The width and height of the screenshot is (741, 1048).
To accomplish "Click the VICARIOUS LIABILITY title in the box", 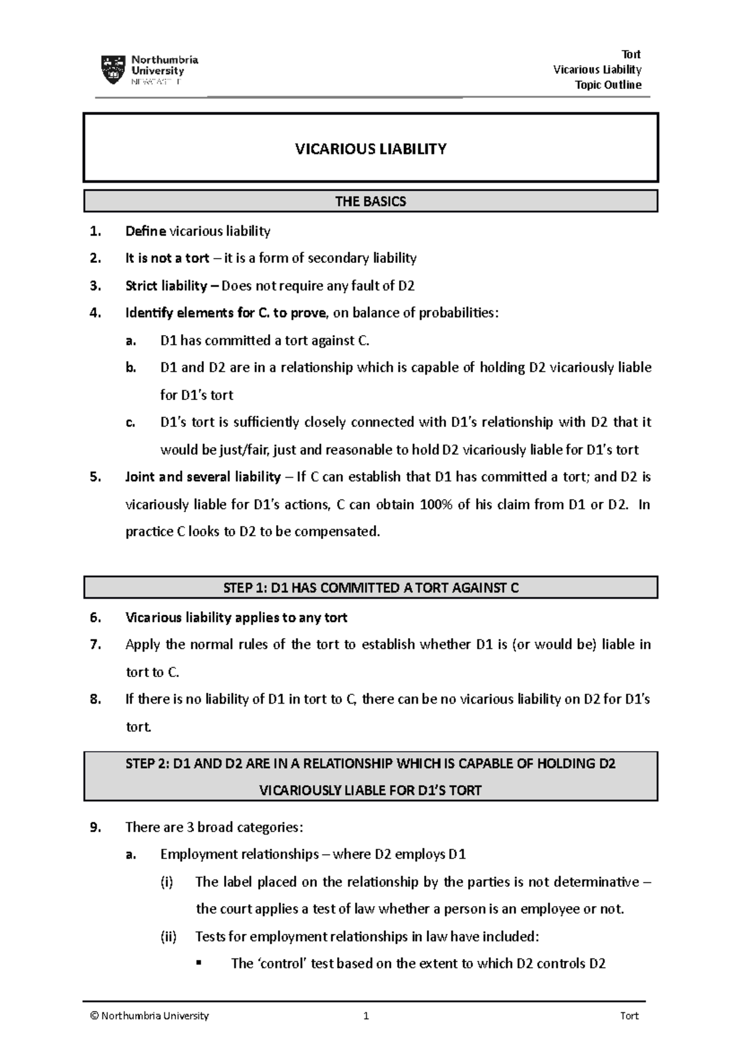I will coord(371,149).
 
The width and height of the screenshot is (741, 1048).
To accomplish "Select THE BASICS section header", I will coord(371,201).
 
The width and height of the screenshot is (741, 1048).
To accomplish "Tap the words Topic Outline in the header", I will coord(608,85).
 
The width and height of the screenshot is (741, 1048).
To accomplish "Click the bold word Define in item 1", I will coord(145,231).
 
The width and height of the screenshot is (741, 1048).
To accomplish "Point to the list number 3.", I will coord(94,286).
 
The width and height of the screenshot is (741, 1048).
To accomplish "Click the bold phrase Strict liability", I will coord(166,286).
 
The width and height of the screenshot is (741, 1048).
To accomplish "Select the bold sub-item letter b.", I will coord(130,368).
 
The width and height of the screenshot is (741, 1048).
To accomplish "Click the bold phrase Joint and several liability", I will coord(203,477).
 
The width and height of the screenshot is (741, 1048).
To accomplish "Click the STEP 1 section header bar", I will coord(371,588).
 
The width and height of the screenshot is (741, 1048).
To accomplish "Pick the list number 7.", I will coord(94,645).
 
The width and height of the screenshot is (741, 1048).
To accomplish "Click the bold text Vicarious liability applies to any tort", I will coord(236,617).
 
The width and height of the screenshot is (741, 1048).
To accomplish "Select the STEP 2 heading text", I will coord(371,776).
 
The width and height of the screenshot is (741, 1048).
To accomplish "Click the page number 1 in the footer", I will coord(366,1016).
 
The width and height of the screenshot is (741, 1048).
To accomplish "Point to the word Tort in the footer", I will coord(629,1016).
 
